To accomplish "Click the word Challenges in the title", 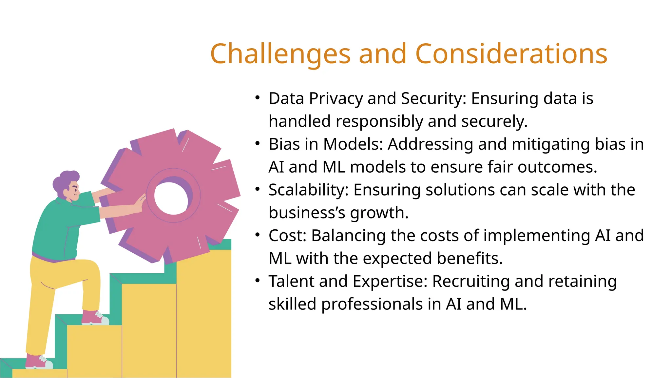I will pyautogui.click(x=280, y=54).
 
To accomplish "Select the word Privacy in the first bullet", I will pyautogui.click(x=335, y=99).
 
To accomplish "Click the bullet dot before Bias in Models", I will pyautogui.click(x=258, y=144).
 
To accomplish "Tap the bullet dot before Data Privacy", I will pyautogui.click(x=258, y=98).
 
